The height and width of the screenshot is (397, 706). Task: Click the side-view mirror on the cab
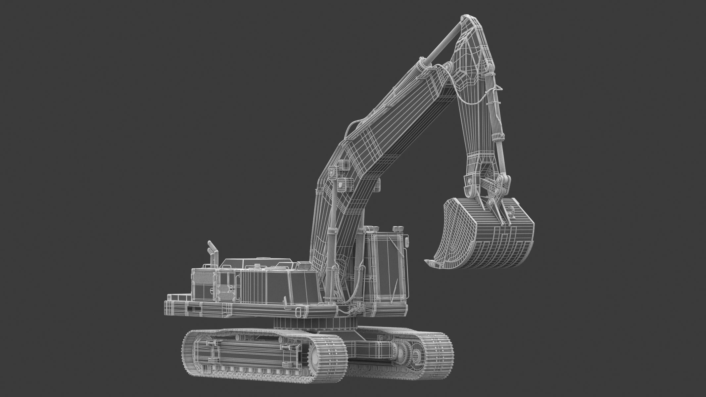[x=406, y=242]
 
